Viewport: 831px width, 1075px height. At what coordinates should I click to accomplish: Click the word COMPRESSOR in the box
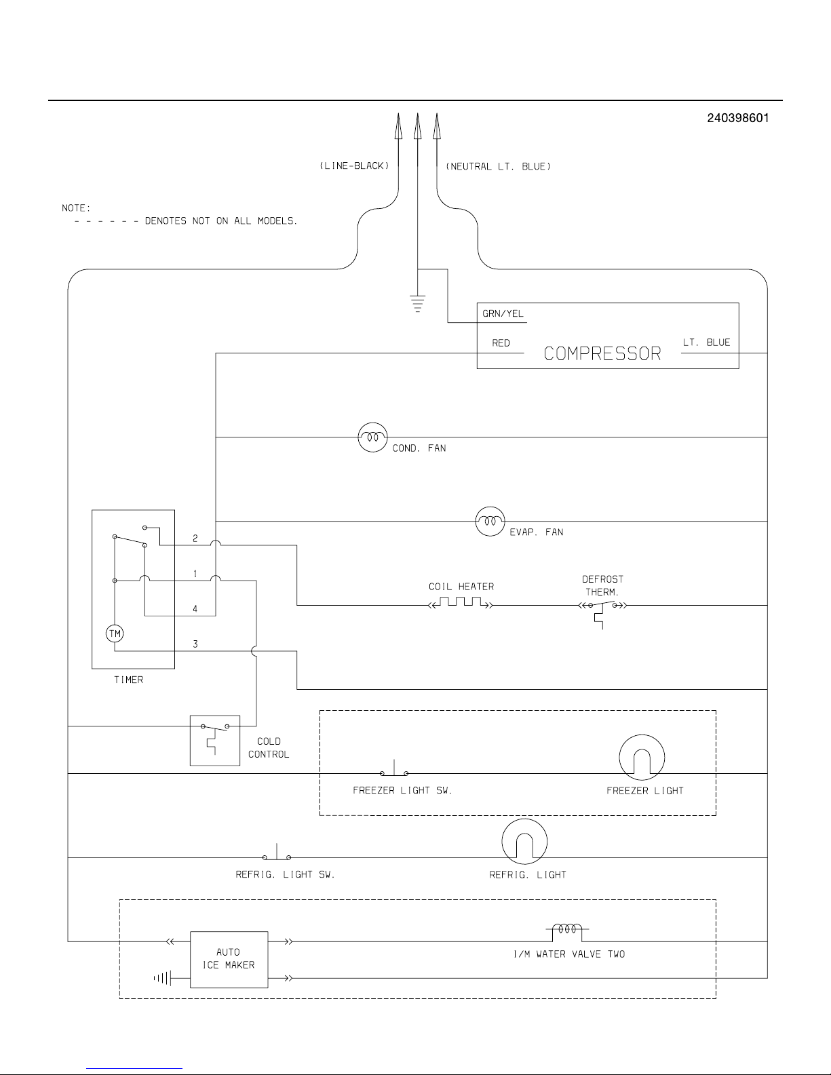coord(602,353)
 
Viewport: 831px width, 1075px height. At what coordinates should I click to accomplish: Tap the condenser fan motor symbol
coord(372,437)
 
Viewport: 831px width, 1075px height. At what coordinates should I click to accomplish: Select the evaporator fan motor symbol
coord(490,521)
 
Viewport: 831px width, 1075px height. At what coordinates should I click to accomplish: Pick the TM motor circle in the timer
coord(115,633)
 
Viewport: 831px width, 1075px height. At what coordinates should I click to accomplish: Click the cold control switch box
coord(214,740)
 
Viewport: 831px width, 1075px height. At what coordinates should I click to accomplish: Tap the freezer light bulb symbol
coord(642,757)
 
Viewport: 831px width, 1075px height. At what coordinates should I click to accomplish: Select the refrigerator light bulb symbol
coord(524,842)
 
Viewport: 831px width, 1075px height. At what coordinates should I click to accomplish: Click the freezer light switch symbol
coord(394,771)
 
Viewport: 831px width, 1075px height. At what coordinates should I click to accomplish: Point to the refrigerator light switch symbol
coord(277,856)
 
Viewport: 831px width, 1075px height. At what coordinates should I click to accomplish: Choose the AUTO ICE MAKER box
coord(229,958)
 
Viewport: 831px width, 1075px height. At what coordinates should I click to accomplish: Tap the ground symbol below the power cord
coord(417,302)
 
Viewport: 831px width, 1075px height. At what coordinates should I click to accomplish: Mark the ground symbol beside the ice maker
coord(162,978)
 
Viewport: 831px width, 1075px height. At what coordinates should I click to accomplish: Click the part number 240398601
coord(737,118)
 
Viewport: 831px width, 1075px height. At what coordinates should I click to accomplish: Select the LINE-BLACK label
coord(354,166)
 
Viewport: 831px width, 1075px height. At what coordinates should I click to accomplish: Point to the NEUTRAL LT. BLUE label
coord(498,166)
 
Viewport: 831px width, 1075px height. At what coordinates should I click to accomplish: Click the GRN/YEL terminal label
coord(503,314)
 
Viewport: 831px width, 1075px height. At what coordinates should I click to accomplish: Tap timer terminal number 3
coord(195,644)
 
